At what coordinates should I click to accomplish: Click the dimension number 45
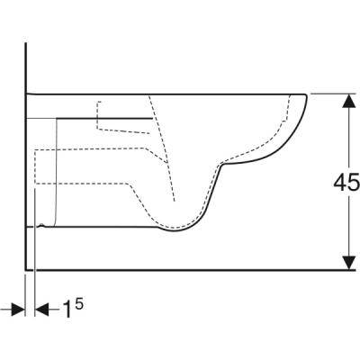[x=346, y=183]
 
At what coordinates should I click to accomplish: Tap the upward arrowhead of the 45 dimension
[x=348, y=101]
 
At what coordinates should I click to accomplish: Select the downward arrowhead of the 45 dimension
[x=348, y=263]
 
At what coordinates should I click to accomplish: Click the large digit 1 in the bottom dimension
[x=67, y=309]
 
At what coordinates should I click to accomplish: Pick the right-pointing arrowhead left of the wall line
[x=18, y=309]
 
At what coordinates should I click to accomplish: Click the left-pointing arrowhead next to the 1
[x=42, y=309]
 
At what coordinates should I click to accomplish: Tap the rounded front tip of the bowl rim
[x=307, y=96]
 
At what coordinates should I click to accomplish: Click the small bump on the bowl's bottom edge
[x=42, y=225]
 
